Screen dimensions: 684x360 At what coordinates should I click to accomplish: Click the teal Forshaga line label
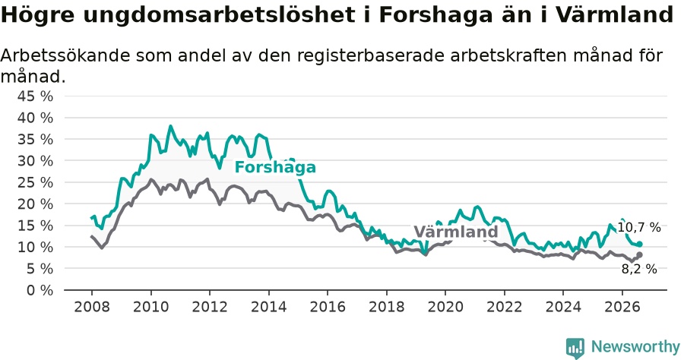pyautogui.click(x=275, y=167)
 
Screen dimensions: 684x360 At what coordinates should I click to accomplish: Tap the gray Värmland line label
pyautogui.click(x=456, y=232)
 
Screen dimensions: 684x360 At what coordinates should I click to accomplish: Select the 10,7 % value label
pyautogui.click(x=639, y=227)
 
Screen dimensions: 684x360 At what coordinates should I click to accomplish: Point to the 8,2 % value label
pyautogui.click(x=639, y=269)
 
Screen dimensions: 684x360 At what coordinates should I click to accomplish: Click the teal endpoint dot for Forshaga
pyautogui.click(x=639, y=244)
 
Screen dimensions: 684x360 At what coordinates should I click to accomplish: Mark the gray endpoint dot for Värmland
pyautogui.click(x=639, y=254)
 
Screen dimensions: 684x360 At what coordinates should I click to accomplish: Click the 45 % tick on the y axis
pyautogui.click(x=35, y=96)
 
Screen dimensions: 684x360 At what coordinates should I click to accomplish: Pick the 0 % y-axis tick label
pyautogui.click(x=40, y=290)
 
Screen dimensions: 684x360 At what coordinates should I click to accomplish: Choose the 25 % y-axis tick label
pyautogui.click(x=35, y=182)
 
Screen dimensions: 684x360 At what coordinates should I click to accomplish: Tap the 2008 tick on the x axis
pyautogui.click(x=92, y=307)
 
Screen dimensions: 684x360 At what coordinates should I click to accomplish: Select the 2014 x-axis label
pyautogui.click(x=268, y=307)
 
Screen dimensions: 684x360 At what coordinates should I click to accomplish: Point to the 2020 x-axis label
pyautogui.click(x=445, y=307)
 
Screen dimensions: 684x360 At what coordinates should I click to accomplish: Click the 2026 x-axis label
pyautogui.click(x=622, y=307)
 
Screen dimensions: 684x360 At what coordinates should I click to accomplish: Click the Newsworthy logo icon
pyautogui.click(x=575, y=348)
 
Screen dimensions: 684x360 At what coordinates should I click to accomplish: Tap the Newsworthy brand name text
pyautogui.click(x=635, y=347)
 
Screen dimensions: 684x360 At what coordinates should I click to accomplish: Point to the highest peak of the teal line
pyautogui.click(x=170, y=126)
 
